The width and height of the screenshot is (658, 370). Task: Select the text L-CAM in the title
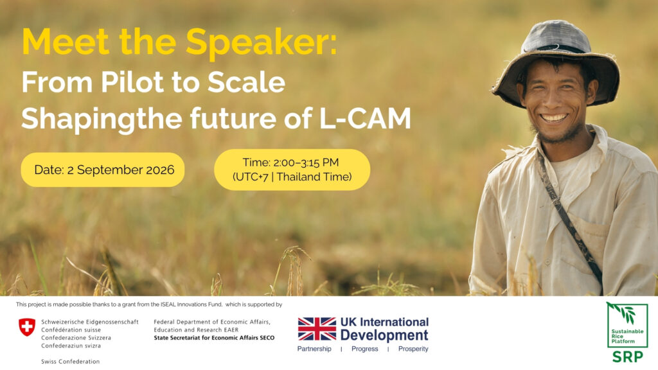click(365, 118)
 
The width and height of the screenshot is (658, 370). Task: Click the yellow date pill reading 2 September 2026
click(103, 170)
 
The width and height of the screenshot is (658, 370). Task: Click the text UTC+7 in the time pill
click(251, 177)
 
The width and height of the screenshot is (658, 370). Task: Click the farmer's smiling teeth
click(554, 118)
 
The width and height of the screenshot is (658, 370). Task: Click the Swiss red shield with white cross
click(27, 327)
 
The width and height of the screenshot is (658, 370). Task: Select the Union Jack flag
click(317, 329)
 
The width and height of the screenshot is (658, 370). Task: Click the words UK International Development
click(384, 329)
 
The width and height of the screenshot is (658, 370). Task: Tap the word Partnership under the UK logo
click(314, 349)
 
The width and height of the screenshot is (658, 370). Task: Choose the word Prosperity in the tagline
click(413, 349)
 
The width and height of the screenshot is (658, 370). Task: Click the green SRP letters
click(627, 357)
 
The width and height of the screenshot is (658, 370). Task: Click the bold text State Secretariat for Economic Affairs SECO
click(214, 338)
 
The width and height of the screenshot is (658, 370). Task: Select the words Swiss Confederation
click(71, 362)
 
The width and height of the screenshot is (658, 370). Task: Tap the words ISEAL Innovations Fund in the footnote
click(191, 304)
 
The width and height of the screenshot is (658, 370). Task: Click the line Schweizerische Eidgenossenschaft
click(90, 322)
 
